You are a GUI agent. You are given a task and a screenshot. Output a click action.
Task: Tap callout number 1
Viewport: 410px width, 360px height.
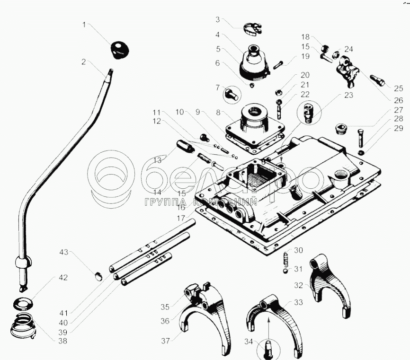tap(84, 24)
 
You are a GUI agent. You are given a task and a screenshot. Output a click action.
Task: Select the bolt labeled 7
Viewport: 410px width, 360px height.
tap(231, 94)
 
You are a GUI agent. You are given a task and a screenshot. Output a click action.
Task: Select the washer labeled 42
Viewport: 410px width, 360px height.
tap(22, 302)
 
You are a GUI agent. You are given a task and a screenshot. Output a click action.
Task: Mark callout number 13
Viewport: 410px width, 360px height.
tap(156, 160)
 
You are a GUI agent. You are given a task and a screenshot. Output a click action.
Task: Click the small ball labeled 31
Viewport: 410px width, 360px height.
tap(285, 271)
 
